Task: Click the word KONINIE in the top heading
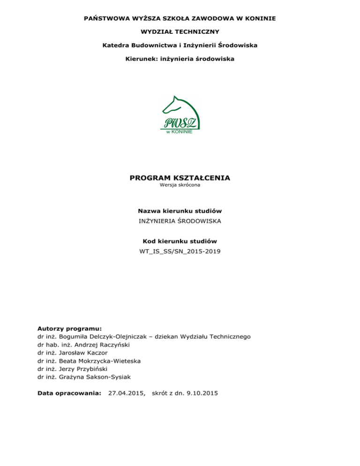coord(259,18)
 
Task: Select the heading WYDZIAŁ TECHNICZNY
coord(180,32)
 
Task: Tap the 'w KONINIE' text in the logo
coord(179,132)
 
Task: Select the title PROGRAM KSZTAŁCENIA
coord(180,178)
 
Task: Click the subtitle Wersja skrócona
coord(180,186)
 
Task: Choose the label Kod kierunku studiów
coord(180,241)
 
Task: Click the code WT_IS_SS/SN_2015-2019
coord(180,252)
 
